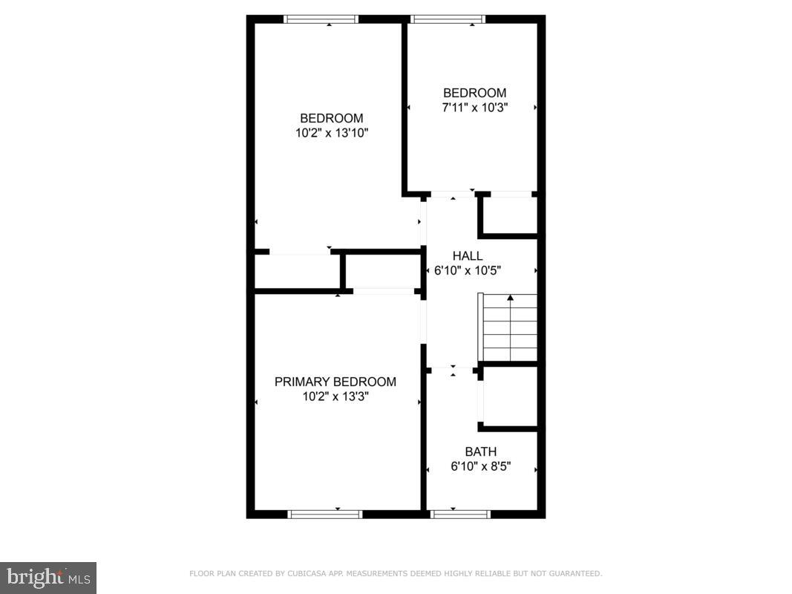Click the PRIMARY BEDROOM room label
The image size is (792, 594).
335,382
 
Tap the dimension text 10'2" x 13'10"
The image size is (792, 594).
332,133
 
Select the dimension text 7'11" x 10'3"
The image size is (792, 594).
474,107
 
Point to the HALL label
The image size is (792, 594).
467,256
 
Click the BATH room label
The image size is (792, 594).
480,451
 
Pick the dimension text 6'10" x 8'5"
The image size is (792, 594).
480,467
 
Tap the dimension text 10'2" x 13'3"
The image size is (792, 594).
335,396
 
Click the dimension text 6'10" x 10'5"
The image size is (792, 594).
467,270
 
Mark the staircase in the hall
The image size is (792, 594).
510,327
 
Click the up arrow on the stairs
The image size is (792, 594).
510,298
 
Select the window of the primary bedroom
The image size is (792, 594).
325,513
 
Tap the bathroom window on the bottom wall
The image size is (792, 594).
461,513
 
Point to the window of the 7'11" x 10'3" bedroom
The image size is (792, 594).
448,19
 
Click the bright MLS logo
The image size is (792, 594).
48,577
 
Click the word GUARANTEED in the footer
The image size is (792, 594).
576,573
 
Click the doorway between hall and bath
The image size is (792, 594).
452,367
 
